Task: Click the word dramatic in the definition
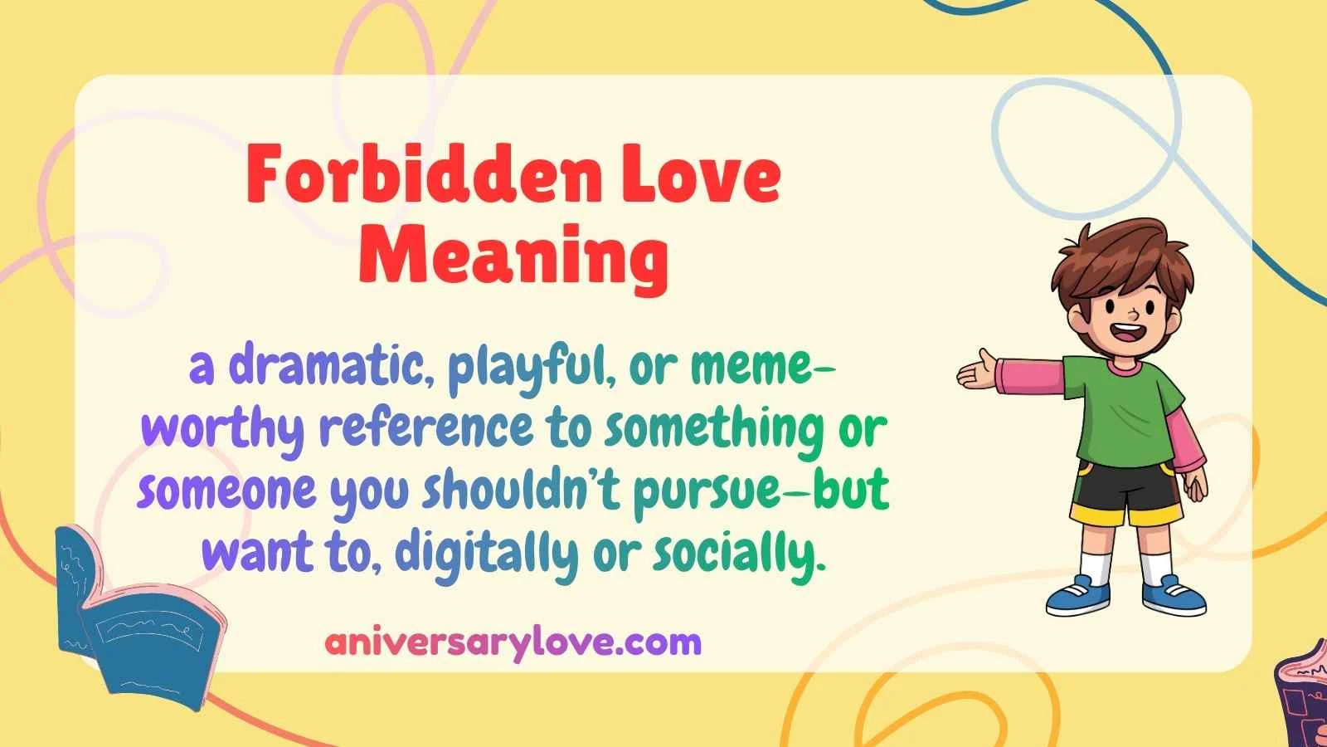click(325, 368)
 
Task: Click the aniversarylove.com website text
click(513, 642)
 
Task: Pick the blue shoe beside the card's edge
click(1174, 596)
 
